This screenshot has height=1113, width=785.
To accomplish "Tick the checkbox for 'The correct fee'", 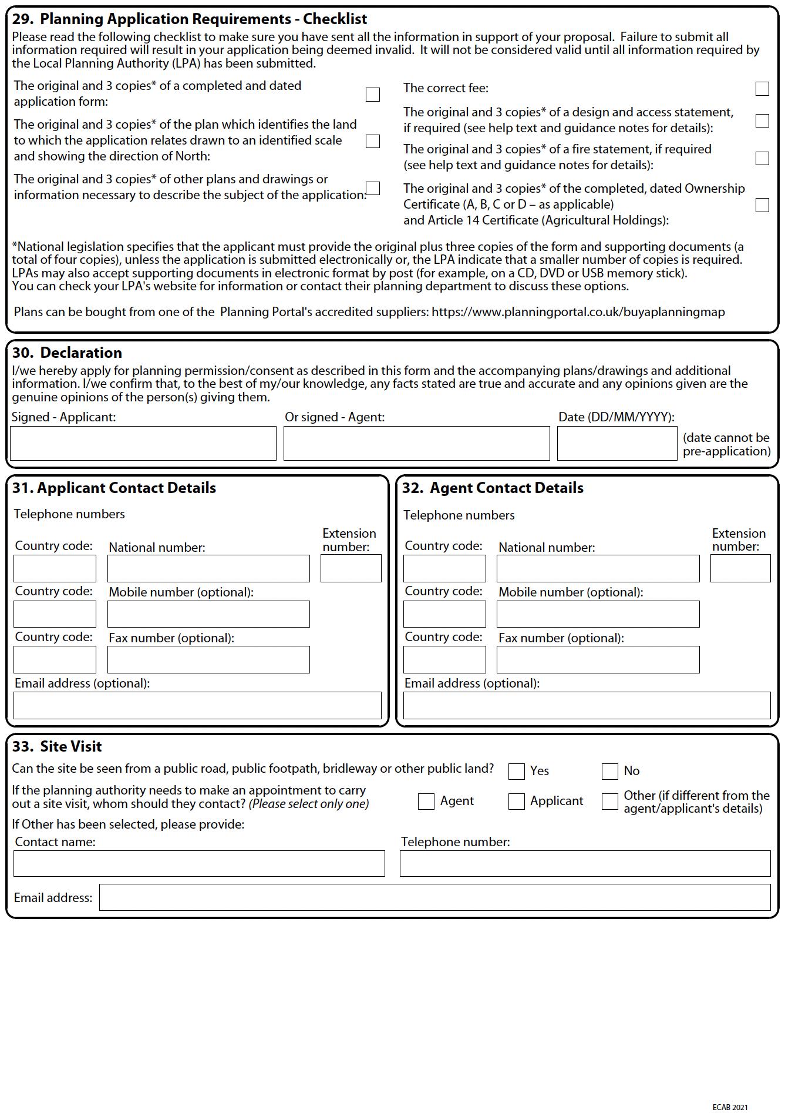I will click(762, 89).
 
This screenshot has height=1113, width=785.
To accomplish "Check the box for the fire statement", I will click(762, 159).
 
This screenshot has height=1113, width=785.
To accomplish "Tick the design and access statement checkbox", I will click(762, 121).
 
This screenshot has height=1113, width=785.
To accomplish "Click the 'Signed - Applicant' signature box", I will click(143, 444).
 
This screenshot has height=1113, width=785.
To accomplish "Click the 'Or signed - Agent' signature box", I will click(416, 444).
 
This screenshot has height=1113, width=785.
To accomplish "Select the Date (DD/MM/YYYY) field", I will click(616, 444).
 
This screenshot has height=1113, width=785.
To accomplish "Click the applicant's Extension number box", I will click(351, 569).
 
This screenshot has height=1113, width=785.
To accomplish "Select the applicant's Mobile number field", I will click(208, 614).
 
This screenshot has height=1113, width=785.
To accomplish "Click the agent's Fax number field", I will click(598, 660).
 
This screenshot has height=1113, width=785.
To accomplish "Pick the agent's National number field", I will click(598, 569).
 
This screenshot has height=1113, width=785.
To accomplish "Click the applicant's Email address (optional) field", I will click(197, 706).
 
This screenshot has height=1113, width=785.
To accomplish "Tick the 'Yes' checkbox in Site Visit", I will click(516, 772).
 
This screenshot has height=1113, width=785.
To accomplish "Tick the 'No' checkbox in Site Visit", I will click(609, 772).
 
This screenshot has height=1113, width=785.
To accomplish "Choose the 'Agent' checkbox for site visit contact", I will click(426, 802).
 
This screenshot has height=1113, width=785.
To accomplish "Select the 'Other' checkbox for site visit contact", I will click(609, 802).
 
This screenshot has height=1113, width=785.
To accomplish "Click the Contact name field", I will click(199, 864).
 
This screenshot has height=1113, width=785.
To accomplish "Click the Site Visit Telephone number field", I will click(585, 864).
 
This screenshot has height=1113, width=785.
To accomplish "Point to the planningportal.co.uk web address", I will click(578, 312).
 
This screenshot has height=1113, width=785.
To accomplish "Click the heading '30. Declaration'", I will click(67, 353).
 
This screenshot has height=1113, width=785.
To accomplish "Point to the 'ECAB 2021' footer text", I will click(730, 1108).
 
